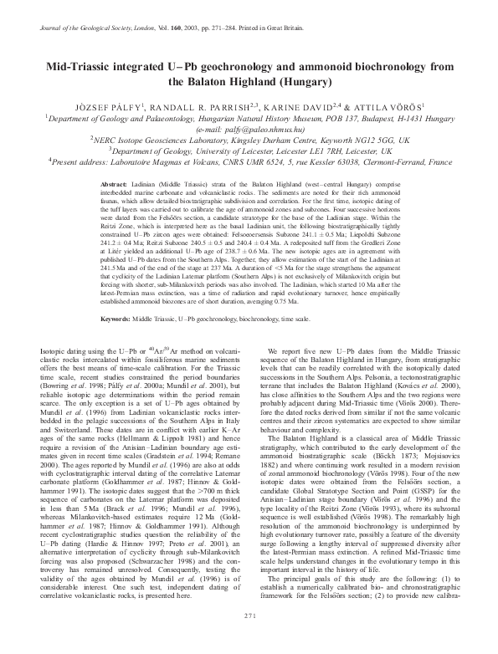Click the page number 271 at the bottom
point(249,640)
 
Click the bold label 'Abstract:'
point(113,182)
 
